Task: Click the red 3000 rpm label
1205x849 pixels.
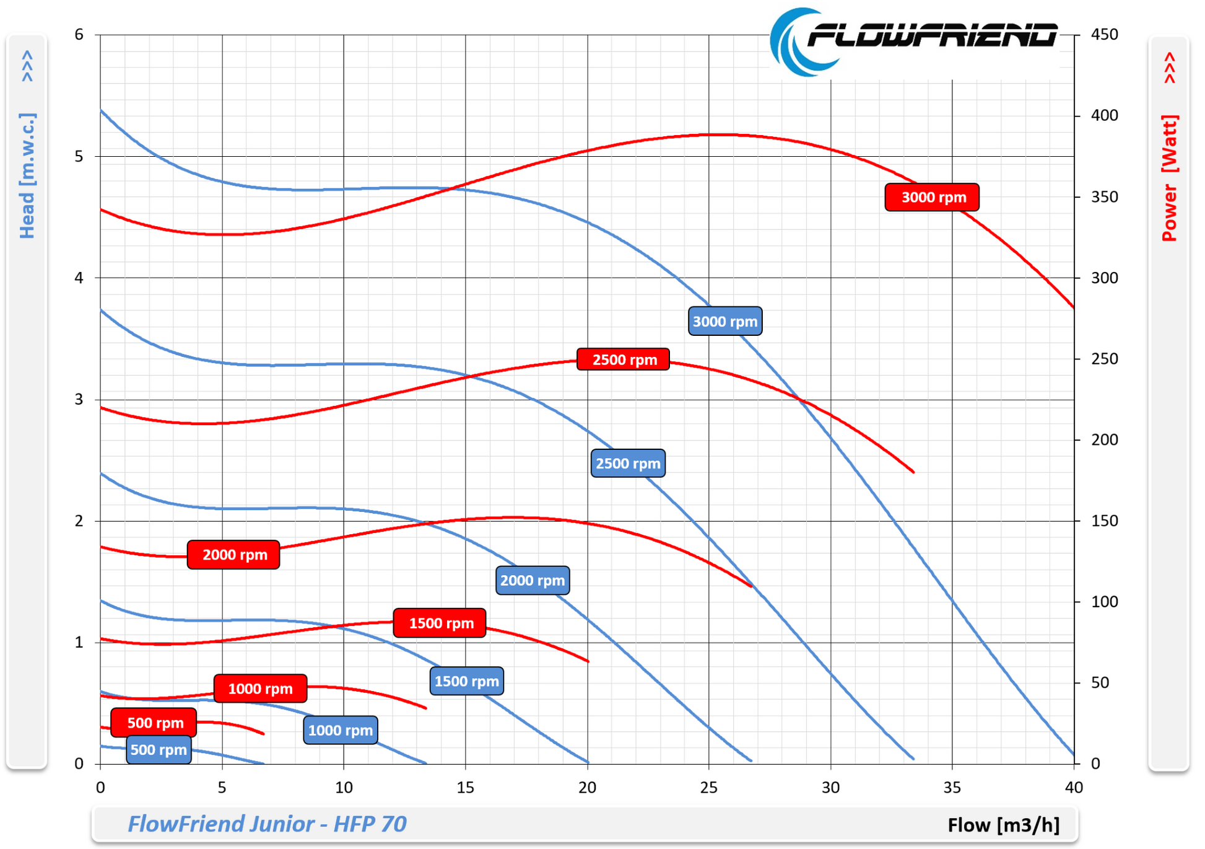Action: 932,197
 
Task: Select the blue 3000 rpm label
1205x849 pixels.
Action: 724,321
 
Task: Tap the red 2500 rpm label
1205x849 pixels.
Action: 623,359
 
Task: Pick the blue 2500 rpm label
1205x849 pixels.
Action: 628,464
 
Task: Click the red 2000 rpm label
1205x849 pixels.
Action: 233,555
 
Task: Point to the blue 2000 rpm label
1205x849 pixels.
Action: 533,581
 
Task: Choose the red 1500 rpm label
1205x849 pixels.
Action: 440,623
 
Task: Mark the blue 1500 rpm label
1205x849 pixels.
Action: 466,681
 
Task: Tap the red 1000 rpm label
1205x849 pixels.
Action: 260,688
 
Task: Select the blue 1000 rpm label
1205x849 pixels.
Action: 340,730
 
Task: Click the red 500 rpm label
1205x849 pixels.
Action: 154,723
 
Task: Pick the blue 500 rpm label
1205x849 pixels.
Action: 159,750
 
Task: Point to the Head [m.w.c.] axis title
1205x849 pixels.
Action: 27,176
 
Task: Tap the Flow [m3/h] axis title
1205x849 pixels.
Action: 1003,825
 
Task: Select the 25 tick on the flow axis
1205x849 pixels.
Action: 708,788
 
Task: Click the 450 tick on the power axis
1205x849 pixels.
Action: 1104,35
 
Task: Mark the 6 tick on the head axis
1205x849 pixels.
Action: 79,35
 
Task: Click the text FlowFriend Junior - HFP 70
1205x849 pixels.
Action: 267,824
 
